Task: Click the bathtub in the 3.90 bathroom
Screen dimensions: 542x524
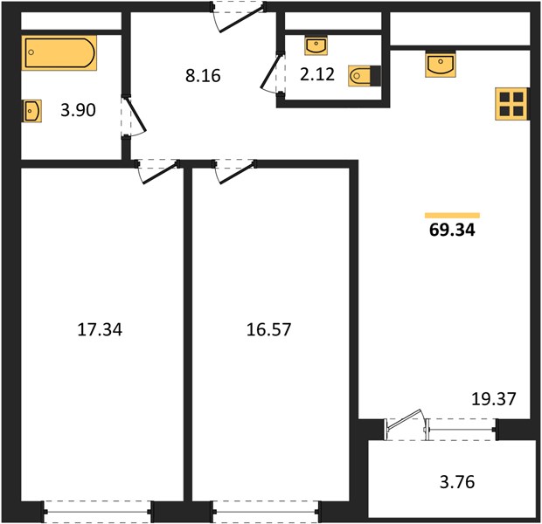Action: click(x=59, y=53)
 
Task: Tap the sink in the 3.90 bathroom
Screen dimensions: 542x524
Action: click(x=32, y=111)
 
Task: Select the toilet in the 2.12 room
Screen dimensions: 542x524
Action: click(x=365, y=76)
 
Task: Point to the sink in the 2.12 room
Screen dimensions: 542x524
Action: click(x=316, y=46)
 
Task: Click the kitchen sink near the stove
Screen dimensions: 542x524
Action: click(x=440, y=65)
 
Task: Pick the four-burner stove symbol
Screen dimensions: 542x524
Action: click(x=511, y=104)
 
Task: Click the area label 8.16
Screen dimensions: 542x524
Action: click(x=203, y=76)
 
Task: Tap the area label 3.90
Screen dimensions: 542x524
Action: click(x=78, y=110)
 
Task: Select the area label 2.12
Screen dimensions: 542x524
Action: click(x=317, y=74)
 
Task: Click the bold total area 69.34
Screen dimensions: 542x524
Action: click(x=452, y=230)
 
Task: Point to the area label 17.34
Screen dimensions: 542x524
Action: click(x=100, y=329)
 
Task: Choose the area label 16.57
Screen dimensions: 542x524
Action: click(x=268, y=329)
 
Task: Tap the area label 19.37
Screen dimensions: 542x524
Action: click(x=494, y=399)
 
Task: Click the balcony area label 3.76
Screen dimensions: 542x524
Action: click(x=457, y=482)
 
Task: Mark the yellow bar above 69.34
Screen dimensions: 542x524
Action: click(x=452, y=216)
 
